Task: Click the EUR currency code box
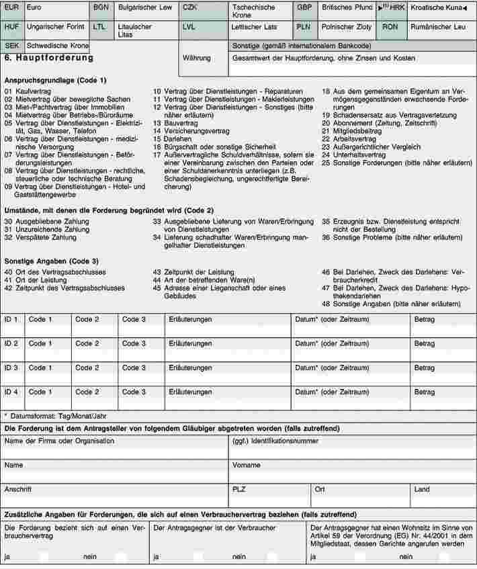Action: [x=12, y=8]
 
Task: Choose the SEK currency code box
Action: [x=12, y=46]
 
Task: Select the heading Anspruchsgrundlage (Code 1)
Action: [x=55, y=81]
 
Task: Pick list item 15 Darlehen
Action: [x=169, y=138]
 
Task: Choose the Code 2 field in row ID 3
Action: [x=93, y=373]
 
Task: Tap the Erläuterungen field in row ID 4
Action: [x=227, y=397]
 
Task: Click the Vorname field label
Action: [x=247, y=465]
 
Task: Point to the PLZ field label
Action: [x=238, y=489]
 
